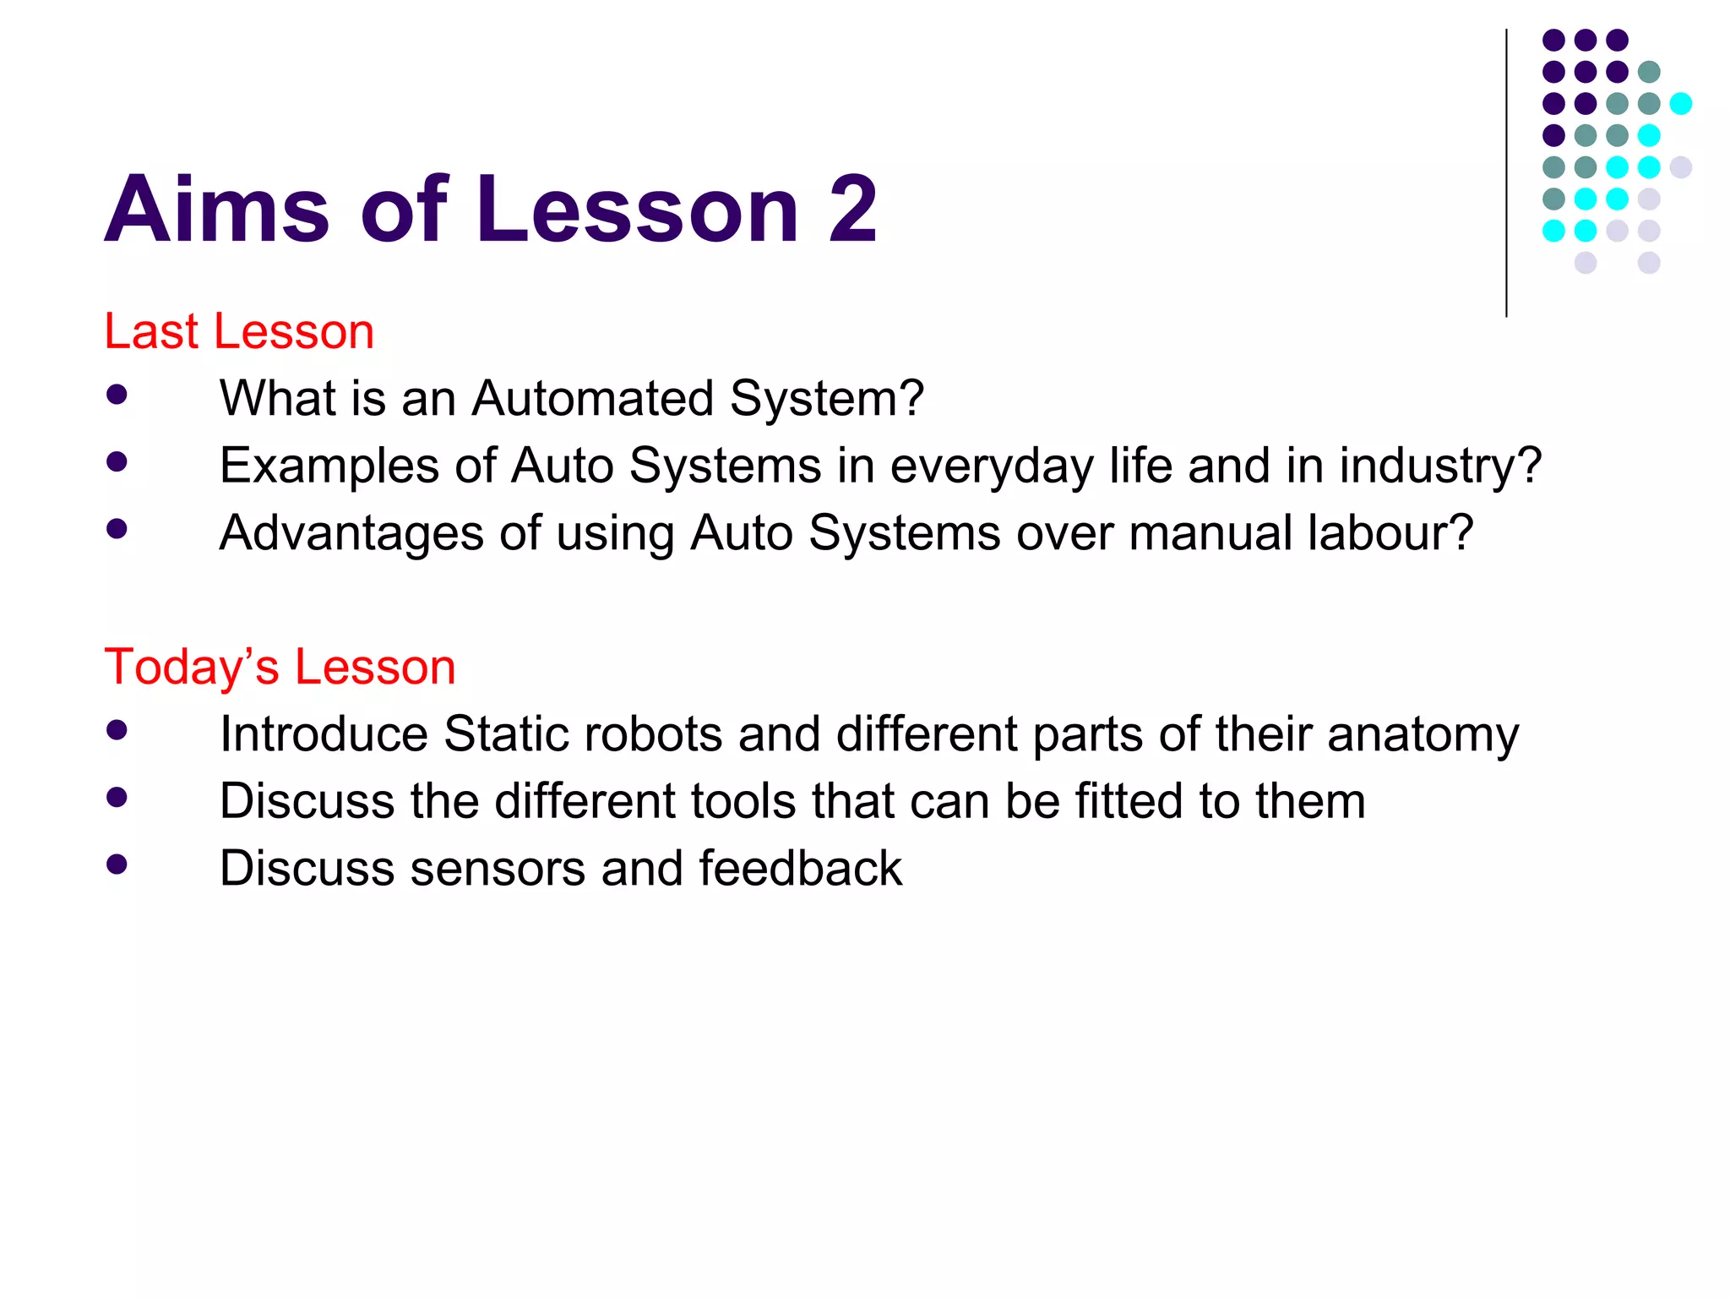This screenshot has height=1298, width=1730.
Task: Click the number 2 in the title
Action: (x=851, y=210)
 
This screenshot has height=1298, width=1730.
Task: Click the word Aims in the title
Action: (x=216, y=210)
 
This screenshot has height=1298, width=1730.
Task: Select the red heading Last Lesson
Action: (x=239, y=330)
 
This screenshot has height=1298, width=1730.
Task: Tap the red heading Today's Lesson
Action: (x=280, y=667)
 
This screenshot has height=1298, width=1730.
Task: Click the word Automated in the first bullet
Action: (x=592, y=398)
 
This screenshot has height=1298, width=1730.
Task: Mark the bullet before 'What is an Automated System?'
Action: (x=117, y=395)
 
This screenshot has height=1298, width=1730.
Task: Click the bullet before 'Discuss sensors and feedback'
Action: (x=117, y=864)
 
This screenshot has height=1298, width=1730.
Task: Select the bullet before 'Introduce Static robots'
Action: (x=117, y=730)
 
